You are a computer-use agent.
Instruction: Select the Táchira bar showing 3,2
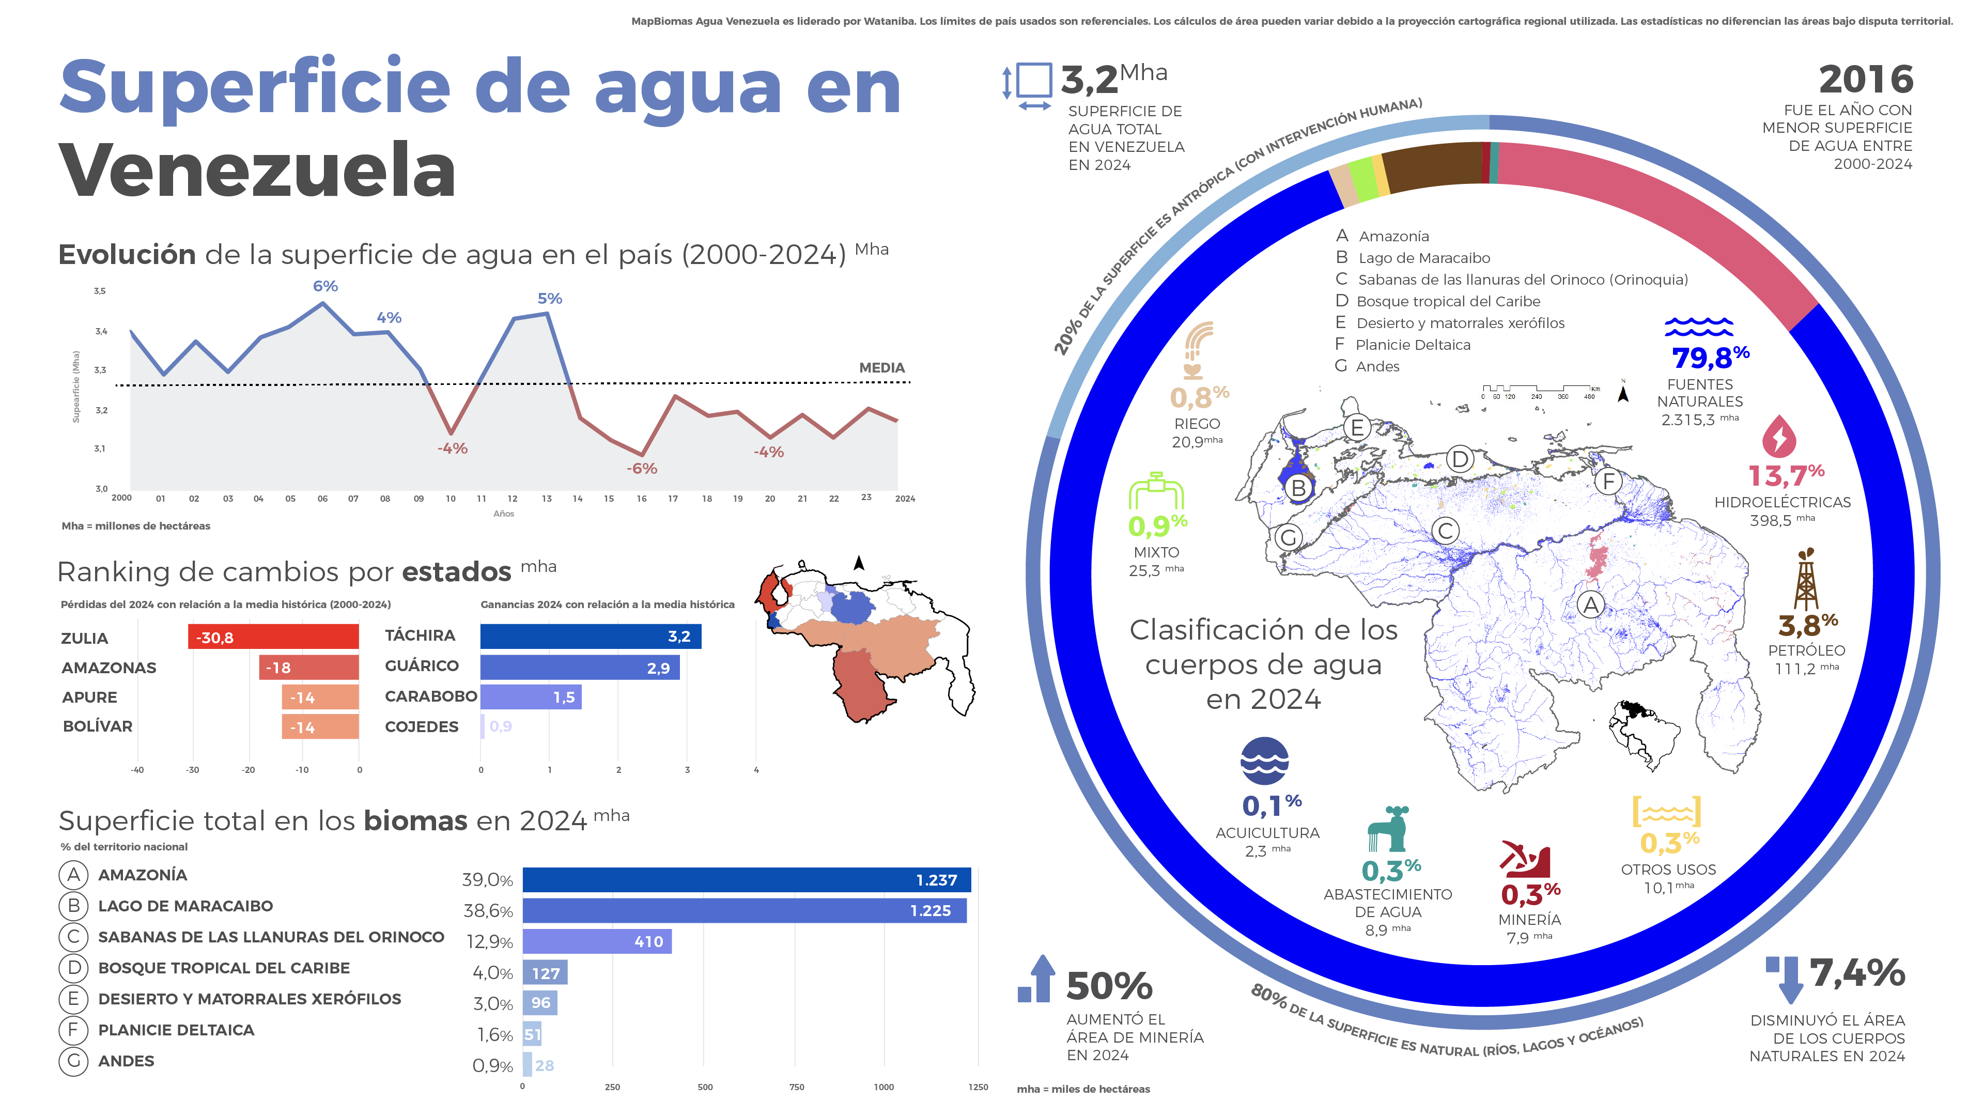pyautogui.click(x=590, y=636)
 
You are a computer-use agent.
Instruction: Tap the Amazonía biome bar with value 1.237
pyautogui.click(x=746, y=879)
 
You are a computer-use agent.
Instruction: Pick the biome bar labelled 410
pyautogui.click(x=596, y=941)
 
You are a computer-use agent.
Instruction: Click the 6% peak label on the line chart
pyautogui.click(x=325, y=286)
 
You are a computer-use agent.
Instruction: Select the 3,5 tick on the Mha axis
pyautogui.click(x=99, y=291)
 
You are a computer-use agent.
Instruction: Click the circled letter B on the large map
pyautogui.click(x=1298, y=488)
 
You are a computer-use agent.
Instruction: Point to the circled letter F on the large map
pyautogui.click(x=1608, y=482)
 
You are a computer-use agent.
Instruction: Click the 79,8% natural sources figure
pyautogui.click(x=1710, y=358)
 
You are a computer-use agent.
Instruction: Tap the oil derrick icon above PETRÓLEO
pyautogui.click(x=1806, y=580)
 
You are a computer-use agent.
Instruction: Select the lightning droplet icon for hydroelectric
pyautogui.click(x=1778, y=437)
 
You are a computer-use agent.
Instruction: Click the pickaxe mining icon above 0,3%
pyautogui.click(x=1525, y=859)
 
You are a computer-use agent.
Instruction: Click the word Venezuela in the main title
pyautogui.click(x=257, y=171)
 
